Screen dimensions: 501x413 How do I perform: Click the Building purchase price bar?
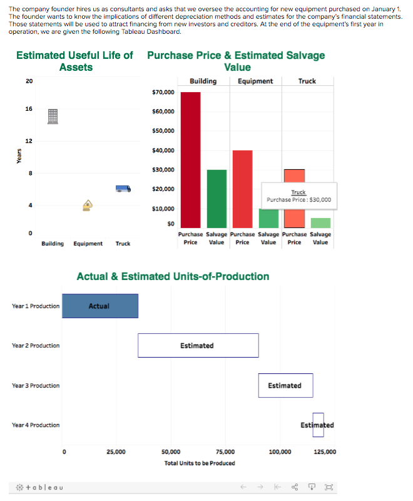coord(190,160)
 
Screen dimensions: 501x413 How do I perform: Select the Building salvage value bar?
coord(217,199)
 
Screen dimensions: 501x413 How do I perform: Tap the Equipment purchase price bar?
coord(242,189)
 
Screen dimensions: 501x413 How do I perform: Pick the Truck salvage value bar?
coord(320,223)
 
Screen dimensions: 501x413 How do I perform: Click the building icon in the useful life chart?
coord(53,116)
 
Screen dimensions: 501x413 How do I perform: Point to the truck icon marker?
coord(123,189)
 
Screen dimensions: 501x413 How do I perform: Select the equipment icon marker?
coord(88,205)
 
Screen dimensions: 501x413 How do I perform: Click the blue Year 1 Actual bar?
coord(100,306)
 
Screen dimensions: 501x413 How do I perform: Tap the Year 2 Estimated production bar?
coord(198,346)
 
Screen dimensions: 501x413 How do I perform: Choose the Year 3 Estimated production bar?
coord(285,385)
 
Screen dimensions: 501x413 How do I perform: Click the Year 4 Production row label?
coord(36,425)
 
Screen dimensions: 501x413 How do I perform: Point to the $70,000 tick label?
coord(163,93)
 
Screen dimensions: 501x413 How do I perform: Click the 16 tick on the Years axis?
coord(29,109)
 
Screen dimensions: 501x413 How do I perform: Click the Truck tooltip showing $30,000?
coord(298,197)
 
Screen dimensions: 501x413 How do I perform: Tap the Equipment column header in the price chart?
coord(255,81)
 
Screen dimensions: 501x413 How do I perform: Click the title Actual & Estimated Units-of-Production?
coord(173,276)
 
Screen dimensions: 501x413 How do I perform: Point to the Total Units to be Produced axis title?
coord(200,463)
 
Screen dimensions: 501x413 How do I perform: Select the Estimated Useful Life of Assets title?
coord(75,61)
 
